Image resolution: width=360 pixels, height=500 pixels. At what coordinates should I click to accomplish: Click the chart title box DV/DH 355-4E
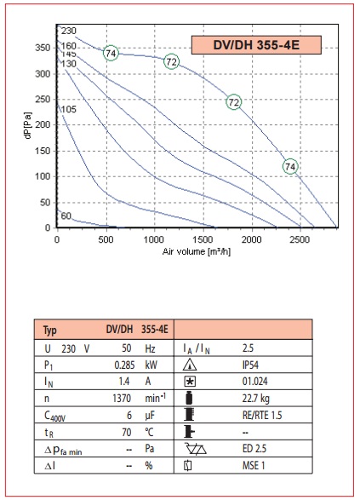(256, 45)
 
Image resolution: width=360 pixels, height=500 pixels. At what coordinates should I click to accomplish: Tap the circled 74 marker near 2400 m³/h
(290, 166)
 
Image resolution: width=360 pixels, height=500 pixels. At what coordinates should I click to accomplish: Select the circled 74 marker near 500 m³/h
(111, 53)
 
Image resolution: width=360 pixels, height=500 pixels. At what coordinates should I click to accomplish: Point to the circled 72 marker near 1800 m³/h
(234, 102)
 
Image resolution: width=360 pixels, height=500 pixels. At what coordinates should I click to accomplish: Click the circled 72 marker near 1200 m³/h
(171, 61)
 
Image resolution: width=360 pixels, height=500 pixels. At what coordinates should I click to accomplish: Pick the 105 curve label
(68, 109)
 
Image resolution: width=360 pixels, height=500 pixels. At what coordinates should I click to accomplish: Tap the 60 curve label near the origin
(66, 216)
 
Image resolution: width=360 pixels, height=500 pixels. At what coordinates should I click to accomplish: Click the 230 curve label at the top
(68, 31)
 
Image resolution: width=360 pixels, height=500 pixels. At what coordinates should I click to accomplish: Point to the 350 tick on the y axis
(43, 48)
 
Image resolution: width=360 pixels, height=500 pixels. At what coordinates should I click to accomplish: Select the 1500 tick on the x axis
(203, 240)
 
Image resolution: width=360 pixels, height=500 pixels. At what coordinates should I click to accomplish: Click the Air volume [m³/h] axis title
(197, 251)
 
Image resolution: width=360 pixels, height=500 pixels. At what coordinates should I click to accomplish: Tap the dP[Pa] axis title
(28, 125)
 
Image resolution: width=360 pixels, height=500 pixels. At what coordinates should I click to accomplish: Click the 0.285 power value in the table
(124, 365)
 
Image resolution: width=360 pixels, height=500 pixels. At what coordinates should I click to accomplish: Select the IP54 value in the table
(250, 365)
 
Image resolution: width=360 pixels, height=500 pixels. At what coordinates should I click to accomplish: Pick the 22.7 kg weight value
(256, 399)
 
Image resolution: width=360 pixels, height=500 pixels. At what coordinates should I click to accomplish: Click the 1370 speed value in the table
(122, 399)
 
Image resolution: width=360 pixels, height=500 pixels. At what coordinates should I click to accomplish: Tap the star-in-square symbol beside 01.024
(190, 382)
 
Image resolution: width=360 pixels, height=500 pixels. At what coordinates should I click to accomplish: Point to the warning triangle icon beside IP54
(190, 365)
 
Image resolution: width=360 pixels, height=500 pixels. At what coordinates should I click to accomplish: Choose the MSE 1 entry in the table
(254, 465)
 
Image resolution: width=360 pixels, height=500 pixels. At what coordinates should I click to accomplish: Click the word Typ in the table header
(50, 330)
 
